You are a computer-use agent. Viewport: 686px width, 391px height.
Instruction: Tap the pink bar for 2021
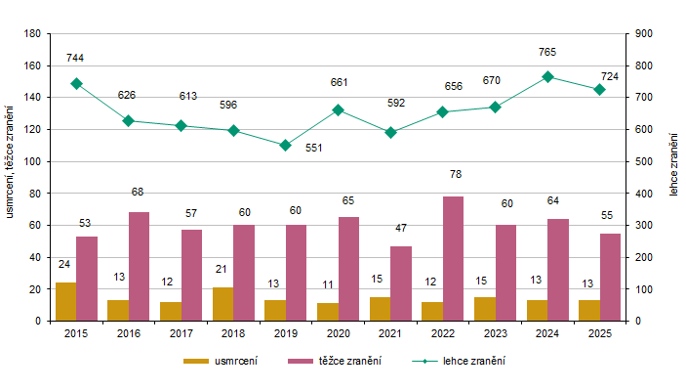pos(400,282)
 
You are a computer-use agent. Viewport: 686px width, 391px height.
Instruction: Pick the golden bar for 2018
pos(222,304)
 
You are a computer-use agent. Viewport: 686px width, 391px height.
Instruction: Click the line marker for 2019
pos(285,145)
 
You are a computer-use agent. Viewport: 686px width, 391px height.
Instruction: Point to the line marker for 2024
pos(547,76)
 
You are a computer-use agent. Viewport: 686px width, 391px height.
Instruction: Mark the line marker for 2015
pos(76,83)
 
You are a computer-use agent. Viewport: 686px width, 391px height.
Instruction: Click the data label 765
pos(547,51)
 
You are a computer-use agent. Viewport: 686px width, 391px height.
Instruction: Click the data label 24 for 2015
pos(64,264)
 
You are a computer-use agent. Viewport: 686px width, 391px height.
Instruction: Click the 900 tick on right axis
pos(643,33)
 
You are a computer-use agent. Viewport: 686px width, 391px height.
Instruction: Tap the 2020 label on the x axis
pos(338,334)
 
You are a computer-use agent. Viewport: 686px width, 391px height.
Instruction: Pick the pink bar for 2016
pos(139,266)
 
